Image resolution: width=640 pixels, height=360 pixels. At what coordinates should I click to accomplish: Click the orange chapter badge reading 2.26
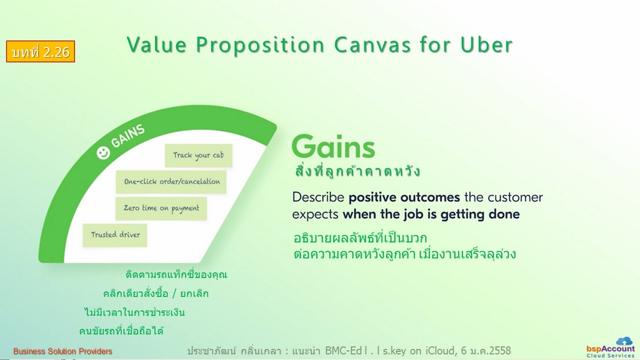click(41, 51)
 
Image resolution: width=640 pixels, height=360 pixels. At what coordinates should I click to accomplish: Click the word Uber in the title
click(486, 44)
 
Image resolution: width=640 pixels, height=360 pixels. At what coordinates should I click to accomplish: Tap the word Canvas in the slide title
click(372, 44)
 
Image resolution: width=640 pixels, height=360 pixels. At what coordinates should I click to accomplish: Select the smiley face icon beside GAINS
click(103, 152)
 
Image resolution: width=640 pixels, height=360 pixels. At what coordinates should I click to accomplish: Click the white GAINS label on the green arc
click(127, 136)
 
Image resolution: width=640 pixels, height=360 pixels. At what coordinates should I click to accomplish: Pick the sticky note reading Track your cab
click(198, 156)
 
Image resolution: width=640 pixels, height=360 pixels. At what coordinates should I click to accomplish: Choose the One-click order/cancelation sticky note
click(171, 182)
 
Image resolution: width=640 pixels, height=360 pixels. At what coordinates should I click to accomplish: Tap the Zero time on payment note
click(161, 209)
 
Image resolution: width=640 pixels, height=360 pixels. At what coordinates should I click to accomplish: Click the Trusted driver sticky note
click(115, 235)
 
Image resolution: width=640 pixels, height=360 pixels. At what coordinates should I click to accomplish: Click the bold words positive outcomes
click(404, 197)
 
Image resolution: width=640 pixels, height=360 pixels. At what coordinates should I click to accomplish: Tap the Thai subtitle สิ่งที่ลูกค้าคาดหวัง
click(357, 171)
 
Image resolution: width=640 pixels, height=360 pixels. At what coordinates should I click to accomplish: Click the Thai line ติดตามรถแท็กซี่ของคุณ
click(176, 274)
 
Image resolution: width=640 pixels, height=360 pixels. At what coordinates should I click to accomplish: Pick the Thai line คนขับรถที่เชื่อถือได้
click(121, 331)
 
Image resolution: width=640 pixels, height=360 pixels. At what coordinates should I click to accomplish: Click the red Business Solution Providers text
click(62, 351)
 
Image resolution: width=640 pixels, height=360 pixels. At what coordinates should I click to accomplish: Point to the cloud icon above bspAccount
click(624, 341)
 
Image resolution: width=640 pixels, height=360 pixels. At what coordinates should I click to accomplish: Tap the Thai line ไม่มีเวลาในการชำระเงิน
click(135, 312)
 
